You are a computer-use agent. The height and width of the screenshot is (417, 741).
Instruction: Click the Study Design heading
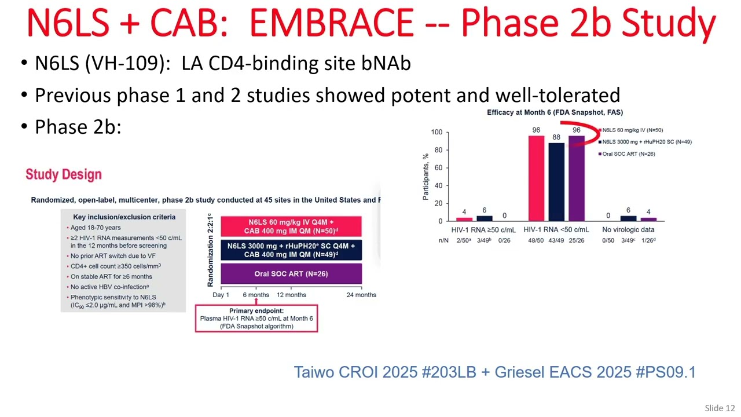64,174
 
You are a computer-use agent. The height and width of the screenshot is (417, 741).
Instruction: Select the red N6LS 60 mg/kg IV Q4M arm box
291,226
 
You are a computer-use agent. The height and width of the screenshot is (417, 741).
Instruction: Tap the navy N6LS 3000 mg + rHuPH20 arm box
291,250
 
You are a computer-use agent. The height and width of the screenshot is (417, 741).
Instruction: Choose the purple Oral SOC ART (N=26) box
291,274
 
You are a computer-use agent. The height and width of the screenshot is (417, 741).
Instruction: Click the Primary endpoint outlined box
256,319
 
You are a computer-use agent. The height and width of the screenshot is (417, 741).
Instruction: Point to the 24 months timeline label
361,295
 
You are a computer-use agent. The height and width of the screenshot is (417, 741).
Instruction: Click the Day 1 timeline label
221,295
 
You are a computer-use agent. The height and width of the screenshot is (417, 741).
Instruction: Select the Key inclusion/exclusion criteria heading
124,217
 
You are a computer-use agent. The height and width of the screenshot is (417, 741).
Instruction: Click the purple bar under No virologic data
648,219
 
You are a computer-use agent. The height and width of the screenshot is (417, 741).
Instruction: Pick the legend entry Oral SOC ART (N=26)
628,153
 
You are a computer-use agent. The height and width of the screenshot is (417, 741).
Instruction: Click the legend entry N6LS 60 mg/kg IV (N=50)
632,130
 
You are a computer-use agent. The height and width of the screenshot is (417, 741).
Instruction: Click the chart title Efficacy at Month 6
555,112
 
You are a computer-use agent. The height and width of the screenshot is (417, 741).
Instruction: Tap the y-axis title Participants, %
426,177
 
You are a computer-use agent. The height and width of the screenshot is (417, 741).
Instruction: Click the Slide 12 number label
719,408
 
